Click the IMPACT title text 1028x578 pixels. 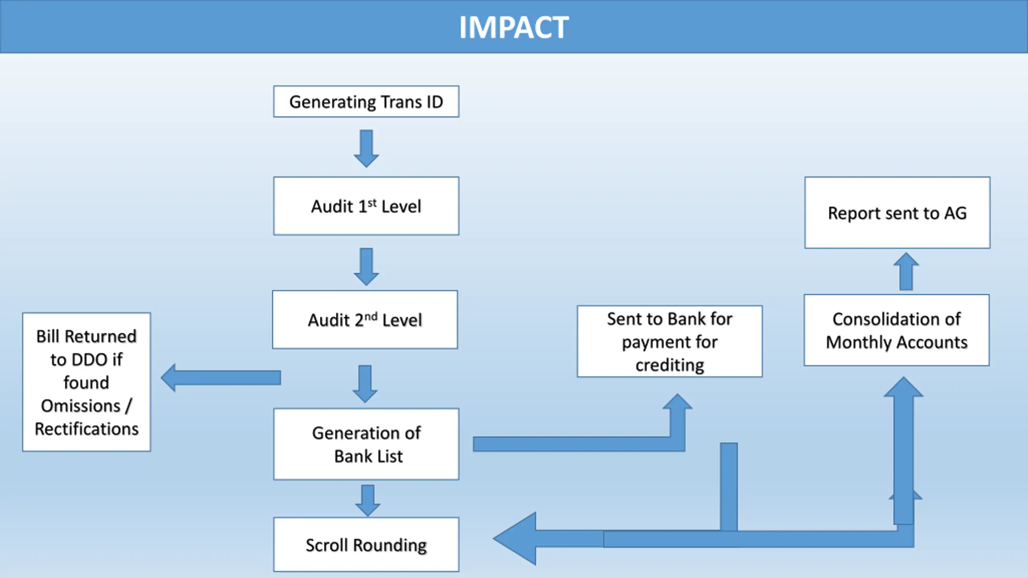point(514,27)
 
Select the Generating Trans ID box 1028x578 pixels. point(366,102)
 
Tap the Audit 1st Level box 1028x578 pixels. point(366,206)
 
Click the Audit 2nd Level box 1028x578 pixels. point(365,320)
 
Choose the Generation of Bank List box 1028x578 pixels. point(366,444)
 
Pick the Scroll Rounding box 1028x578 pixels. point(366,544)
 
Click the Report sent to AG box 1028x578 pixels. point(897,213)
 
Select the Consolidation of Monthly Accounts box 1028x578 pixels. point(897,330)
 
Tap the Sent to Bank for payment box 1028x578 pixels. point(670,341)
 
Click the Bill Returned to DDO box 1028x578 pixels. point(87,382)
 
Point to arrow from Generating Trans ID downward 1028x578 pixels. point(366,149)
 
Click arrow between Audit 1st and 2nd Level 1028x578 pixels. point(366,267)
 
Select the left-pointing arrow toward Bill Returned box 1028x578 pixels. point(221,378)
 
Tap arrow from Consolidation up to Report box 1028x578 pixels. point(906,271)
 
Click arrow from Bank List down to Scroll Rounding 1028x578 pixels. point(368,501)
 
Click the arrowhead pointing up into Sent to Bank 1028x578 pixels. point(677,401)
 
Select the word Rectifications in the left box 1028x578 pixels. point(87,429)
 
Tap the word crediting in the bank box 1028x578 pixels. point(670,365)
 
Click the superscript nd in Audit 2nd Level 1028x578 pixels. point(371,317)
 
